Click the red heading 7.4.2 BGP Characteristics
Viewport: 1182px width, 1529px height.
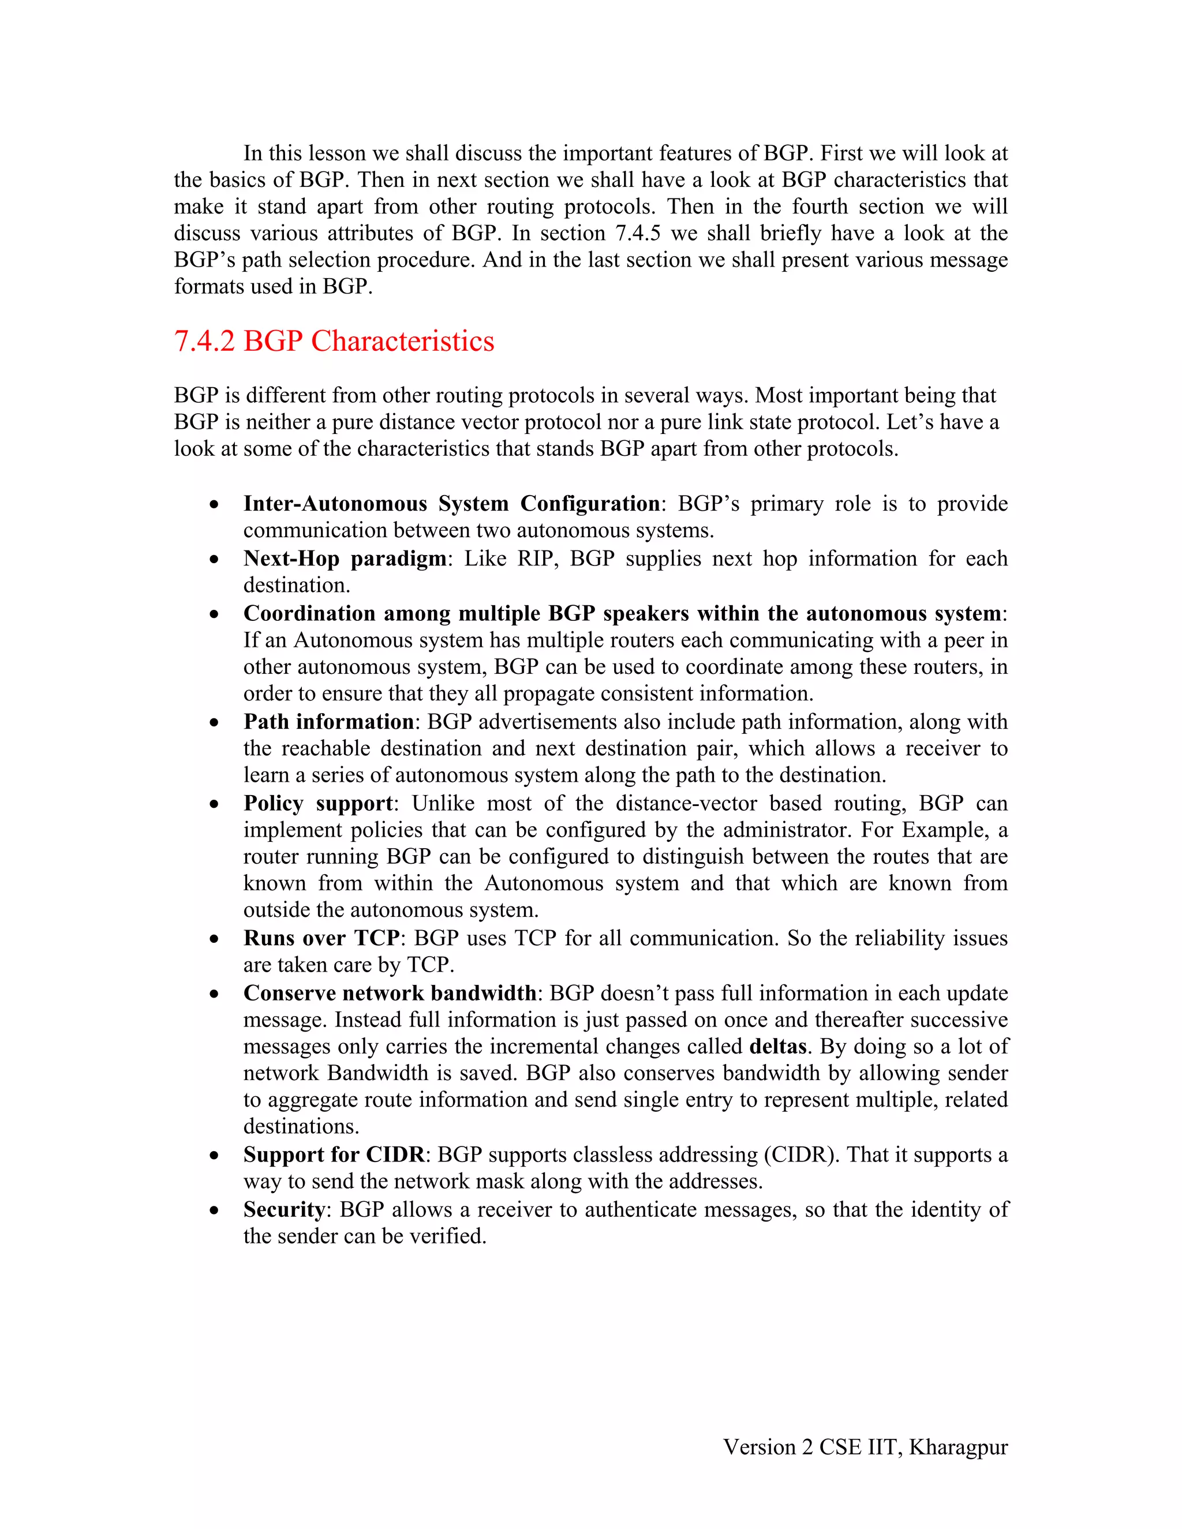click(x=334, y=342)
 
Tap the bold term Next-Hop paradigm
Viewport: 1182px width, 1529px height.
click(x=345, y=558)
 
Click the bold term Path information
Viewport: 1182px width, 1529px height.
click(x=328, y=721)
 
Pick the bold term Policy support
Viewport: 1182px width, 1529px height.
click(x=318, y=803)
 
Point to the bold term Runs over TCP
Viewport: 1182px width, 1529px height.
click(x=321, y=938)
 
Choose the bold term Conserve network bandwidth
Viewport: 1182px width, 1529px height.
click(x=390, y=993)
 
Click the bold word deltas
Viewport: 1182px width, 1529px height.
click(x=777, y=1046)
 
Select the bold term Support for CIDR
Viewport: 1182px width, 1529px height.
click(x=334, y=1155)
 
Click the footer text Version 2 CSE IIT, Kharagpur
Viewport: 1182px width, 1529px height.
click(x=866, y=1446)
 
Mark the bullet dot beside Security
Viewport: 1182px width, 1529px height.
click(x=214, y=1211)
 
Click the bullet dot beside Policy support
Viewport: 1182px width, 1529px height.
click(x=214, y=804)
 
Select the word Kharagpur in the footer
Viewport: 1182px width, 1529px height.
click(x=958, y=1446)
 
